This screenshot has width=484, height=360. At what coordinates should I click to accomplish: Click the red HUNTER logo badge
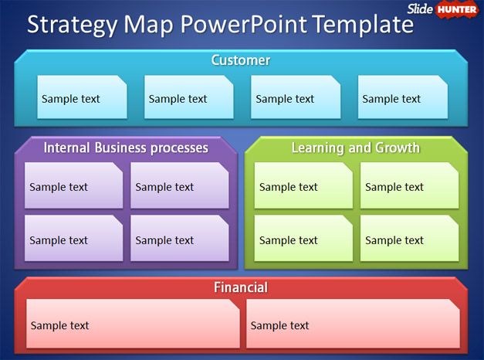click(x=457, y=9)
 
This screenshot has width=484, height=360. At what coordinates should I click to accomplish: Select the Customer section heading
click(x=241, y=60)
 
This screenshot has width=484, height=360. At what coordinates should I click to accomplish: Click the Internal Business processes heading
click(x=126, y=148)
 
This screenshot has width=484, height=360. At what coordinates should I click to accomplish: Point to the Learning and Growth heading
click(x=355, y=148)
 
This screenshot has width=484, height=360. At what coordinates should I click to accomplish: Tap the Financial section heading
click(x=241, y=287)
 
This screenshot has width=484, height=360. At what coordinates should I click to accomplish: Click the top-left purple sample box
click(x=73, y=186)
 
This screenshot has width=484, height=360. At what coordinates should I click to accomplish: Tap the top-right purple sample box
click(x=179, y=186)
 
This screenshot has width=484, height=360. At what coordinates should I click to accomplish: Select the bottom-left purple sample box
click(x=73, y=239)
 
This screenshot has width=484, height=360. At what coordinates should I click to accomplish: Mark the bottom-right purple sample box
click(x=179, y=239)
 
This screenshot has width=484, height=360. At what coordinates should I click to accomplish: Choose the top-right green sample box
click(x=409, y=186)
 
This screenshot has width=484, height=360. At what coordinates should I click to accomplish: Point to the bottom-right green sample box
click(x=409, y=239)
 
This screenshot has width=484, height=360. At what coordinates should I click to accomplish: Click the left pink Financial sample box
click(x=133, y=324)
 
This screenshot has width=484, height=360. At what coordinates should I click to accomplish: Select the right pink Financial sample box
click(x=353, y=324)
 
